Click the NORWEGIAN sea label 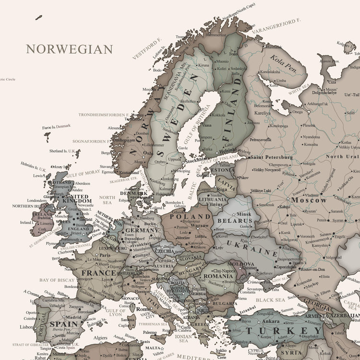pos(70,49)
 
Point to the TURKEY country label pos(285,331)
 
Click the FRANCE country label pos(99,273)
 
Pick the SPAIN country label pos(63,324)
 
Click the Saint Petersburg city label pos(271,157)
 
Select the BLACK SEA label pos(270,300)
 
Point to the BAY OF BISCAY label pos(57,280)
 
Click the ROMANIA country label pos(218,276)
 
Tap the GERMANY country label pos(142,230)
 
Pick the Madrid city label pos(73,317)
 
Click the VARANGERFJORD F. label pos(282,28)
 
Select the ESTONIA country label pos(223,170)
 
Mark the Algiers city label pos(100,337)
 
